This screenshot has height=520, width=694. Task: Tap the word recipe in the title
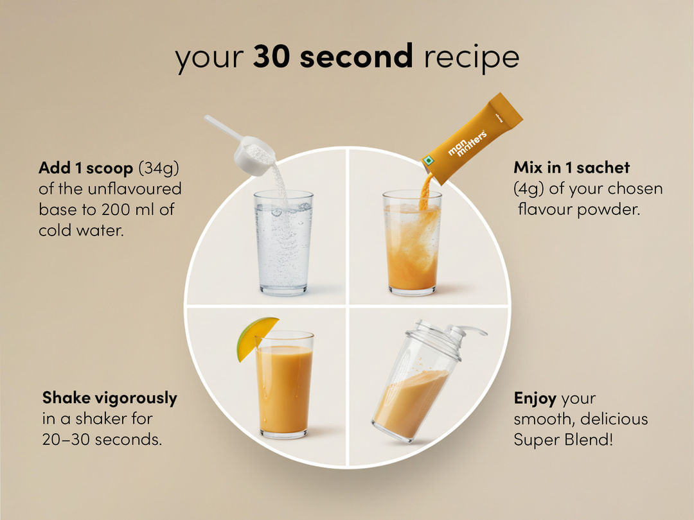click(472, 58)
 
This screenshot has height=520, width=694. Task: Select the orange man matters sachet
click(472, 137)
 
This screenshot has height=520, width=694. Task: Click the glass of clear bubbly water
click(283, 243)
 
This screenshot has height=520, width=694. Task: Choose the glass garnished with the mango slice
click(284, 384)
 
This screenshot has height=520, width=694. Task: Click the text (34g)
click(159, 168)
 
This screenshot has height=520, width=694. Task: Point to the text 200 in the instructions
click(116, 209)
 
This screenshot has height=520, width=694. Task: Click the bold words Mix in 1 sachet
click(571, 167)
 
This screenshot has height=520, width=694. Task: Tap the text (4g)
click(529, 189)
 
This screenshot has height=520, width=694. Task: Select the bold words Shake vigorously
click(110, 398)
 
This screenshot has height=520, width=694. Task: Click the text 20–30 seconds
click(102, 439)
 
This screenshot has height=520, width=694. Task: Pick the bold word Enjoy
click(535, 399)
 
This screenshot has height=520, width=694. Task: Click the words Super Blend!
click(564, 440)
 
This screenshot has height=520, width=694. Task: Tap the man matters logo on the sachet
click(467, 143)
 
